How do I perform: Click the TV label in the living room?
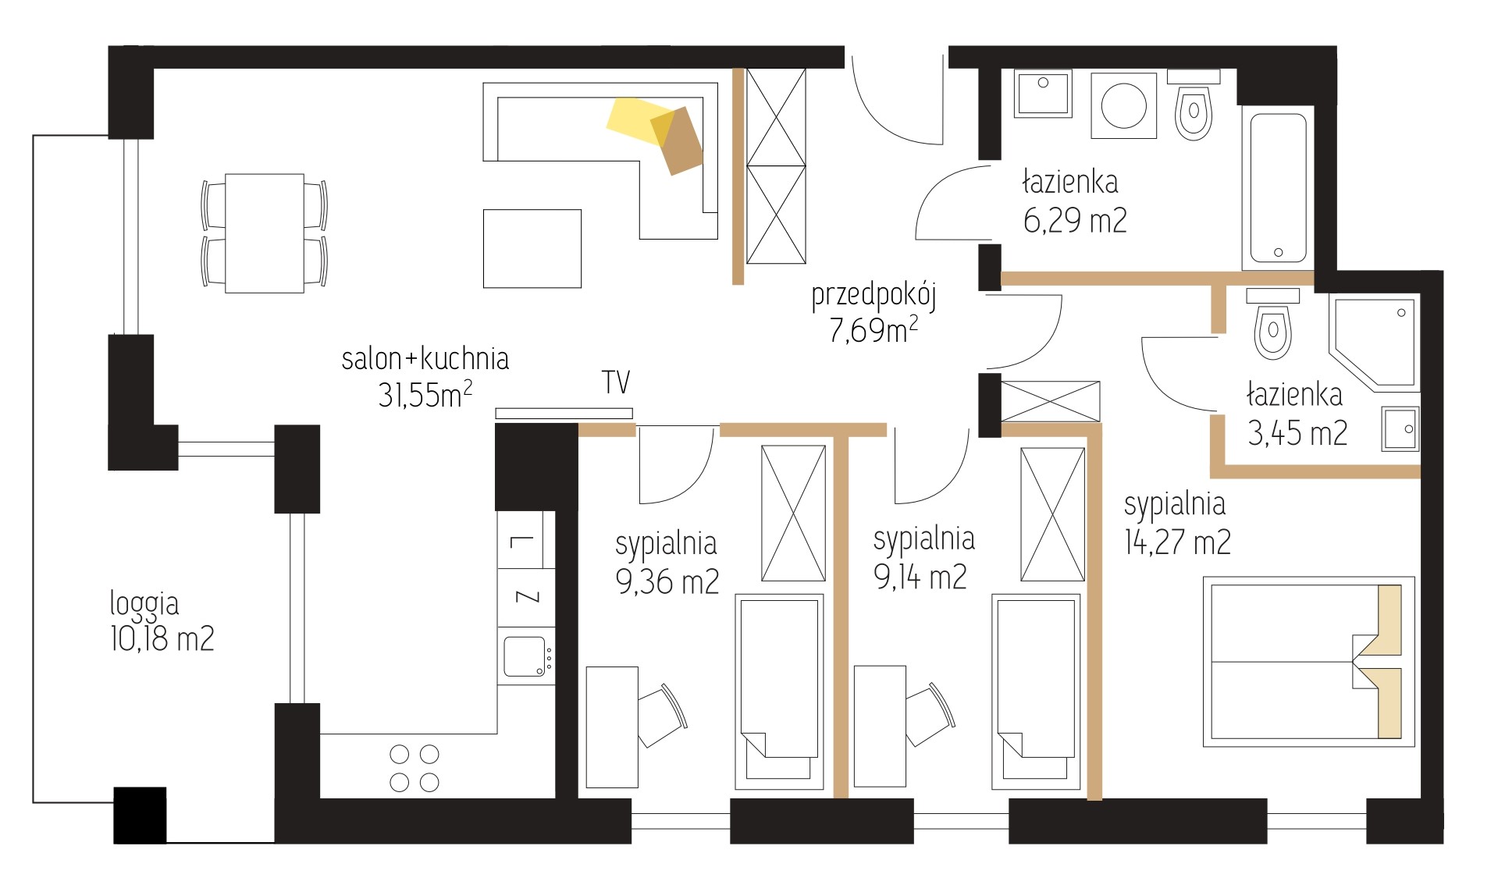616,382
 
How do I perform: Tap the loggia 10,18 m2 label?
162,621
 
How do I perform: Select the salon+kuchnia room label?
425,358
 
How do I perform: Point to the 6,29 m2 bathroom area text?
1075,221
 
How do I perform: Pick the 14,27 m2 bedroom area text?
1177,542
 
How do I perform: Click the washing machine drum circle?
1123,105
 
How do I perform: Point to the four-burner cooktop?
414,768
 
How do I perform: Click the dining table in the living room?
265,233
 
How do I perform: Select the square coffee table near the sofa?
532,249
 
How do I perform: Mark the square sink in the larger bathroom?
1043,94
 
